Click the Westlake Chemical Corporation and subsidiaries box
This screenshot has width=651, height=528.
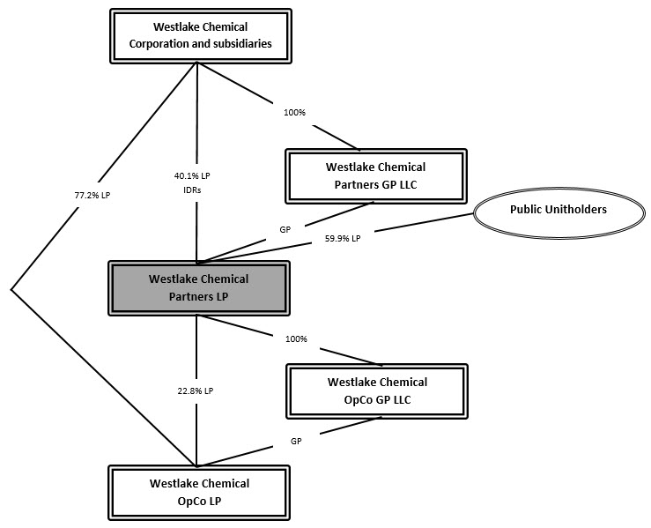[198, 35]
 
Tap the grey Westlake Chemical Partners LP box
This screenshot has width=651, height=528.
[198, 287]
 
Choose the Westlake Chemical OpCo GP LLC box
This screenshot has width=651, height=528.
[377, 390]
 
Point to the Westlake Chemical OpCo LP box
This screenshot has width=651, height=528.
[199, 491]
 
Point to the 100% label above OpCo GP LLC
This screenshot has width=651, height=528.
[297, 338]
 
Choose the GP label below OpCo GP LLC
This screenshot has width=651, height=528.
[297, 440]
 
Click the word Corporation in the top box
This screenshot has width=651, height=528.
[167, 42]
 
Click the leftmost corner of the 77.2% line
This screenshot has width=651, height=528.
[11, 288]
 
